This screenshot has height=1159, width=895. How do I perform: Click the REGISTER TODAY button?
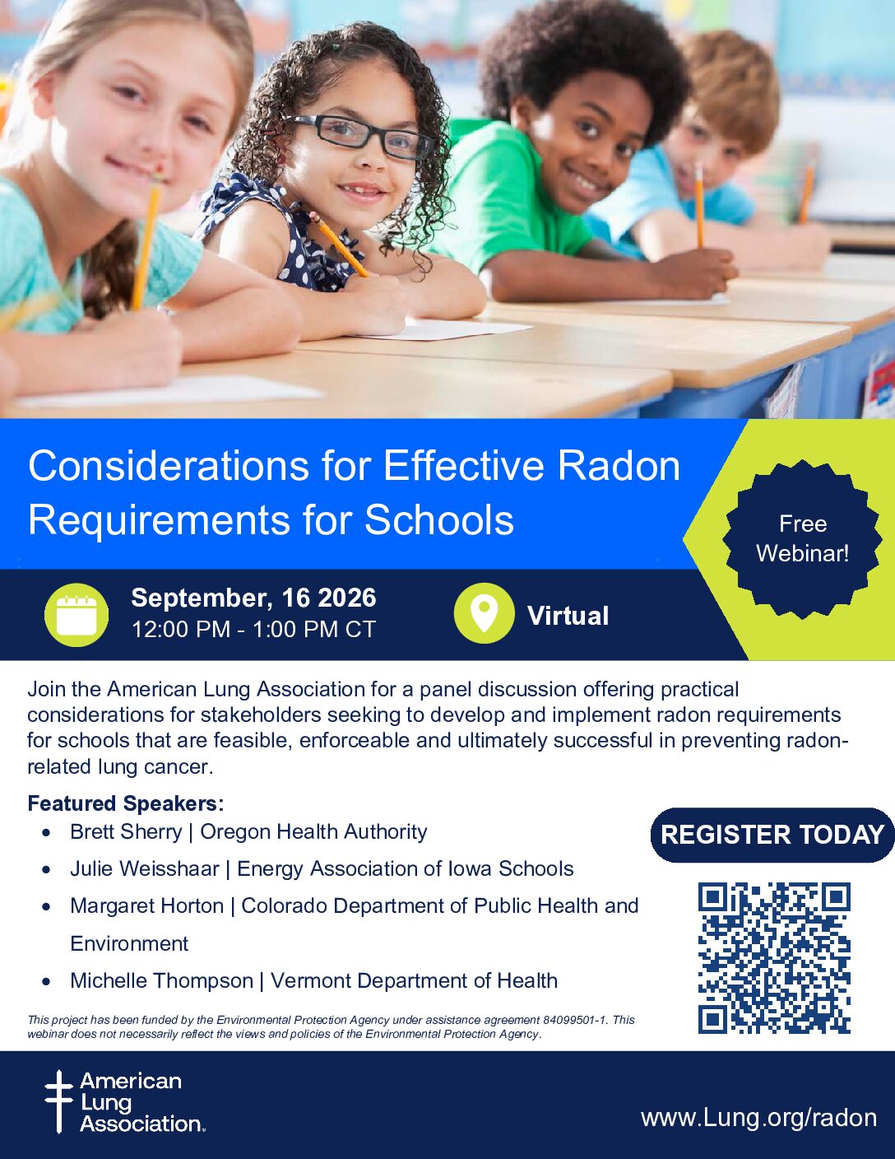pyautogui.click(x=772, y=835)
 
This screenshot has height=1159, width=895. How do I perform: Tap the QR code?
pyautogui.click(x=774, y=958)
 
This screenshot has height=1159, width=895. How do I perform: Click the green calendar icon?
pyautogui.click(x=77, y=615)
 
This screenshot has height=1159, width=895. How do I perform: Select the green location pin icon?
pyautogui.click(x=484, y=613)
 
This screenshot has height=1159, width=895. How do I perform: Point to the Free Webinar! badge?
pyautogui.click(x=802, y=538)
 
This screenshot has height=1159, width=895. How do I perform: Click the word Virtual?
pyautogui.click(x=568, y=616)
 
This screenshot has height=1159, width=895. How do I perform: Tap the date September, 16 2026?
pyautogui.click(x=253, y=598)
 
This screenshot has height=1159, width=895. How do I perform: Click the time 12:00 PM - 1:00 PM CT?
pyautogui.click(x=253, y=630)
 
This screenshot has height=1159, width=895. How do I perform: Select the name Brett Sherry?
pyautogui.click(x=127, y=831)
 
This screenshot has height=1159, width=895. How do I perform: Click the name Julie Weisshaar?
pyautogui.click(x=145, y=868)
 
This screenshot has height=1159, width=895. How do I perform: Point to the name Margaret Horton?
pyautogui.click(x=146, y=905)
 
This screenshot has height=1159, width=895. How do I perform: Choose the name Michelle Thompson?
pyautogui.click(x=161, y=980)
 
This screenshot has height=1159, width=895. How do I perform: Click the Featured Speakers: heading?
pyautogui.click(x=126, y=803)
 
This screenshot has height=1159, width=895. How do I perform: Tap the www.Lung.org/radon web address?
pyautogui.click(x=758, y=1117)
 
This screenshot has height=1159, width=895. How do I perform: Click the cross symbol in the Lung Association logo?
pyautogui.click(x=58, y=1101)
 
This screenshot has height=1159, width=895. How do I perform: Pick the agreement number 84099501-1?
pyautogui.click(x=575, y=1020)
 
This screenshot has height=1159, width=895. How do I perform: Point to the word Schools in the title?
pyautogui.click(x=439, y=519)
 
